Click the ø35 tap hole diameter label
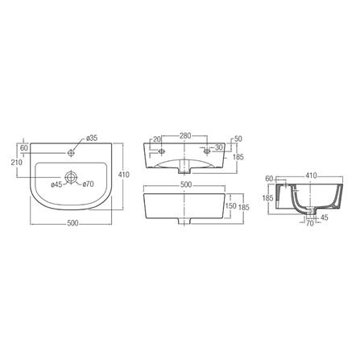coord(92,138)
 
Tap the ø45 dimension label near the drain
coord(57,185)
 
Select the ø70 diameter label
coord(89,185)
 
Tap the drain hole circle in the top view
coord(72,176)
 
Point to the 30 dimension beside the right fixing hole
coord(218,148)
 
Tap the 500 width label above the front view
coord(187,184)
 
